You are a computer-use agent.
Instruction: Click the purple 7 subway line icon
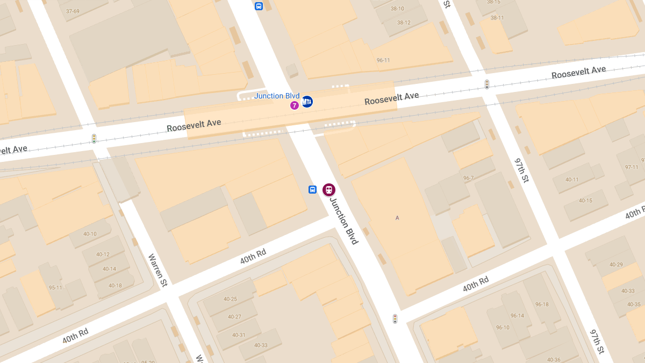tap(295, 105)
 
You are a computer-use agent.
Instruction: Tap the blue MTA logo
tap(307, 102)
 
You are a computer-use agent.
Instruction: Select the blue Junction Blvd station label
tap(277, 96)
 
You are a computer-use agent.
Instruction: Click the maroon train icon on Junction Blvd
tap(328, 190)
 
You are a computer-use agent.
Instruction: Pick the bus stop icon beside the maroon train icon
tap(312, 190)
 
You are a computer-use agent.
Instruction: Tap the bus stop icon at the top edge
tap(259, 6)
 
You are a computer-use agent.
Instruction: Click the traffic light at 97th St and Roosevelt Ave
tap(487, 84)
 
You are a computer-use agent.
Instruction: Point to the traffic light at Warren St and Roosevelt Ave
tap(94, 138)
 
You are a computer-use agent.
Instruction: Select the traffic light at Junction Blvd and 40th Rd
tap(395, 319)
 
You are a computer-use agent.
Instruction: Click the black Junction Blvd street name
tap(344, 221)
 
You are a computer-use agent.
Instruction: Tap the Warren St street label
tap(157, 270)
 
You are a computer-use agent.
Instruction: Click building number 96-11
tap(383, 60)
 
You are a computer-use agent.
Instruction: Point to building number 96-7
tap(468, 178)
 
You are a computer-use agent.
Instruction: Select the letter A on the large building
tap(397, 218)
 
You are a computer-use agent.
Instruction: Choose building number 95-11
tap(55, 287)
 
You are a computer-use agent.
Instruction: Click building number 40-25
tap(230, 299)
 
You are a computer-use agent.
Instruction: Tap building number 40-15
tap(585, 201)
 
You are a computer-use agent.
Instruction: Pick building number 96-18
tap(541, 304)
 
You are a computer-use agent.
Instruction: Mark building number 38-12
tap(404, 23)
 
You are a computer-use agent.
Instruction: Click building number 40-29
tap(616, 265)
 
